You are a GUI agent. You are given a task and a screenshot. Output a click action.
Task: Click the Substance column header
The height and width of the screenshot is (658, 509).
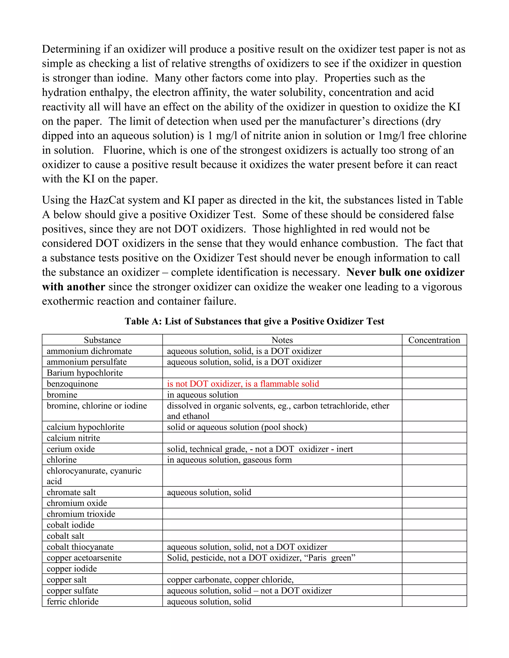[102, 340]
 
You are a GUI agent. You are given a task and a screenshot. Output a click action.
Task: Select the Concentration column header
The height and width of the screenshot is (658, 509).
[434, 340]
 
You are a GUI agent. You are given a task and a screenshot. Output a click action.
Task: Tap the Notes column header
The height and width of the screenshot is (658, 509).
[282, 340]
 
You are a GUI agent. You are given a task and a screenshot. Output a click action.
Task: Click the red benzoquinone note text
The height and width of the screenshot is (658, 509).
[243, 384]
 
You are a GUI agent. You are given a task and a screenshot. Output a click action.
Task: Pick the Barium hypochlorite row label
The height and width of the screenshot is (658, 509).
[85, 373]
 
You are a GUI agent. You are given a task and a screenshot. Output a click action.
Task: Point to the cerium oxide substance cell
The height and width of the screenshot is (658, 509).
[71, 449]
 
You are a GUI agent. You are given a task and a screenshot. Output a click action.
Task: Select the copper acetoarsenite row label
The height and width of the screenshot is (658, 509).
[84, 558]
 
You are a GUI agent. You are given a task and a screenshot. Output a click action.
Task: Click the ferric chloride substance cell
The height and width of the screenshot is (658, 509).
[73, 602]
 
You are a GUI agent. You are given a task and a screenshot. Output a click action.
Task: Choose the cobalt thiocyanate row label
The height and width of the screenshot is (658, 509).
[80, 547]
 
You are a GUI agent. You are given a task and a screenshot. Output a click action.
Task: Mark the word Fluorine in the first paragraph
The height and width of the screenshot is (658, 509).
[121, 150]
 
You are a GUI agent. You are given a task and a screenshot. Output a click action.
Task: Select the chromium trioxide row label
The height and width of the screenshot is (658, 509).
[81, 514]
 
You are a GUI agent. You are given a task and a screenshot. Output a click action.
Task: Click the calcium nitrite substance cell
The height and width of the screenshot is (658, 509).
[73, 438]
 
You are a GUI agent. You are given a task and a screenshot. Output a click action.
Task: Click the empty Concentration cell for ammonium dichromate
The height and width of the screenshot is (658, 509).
[434, 351]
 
